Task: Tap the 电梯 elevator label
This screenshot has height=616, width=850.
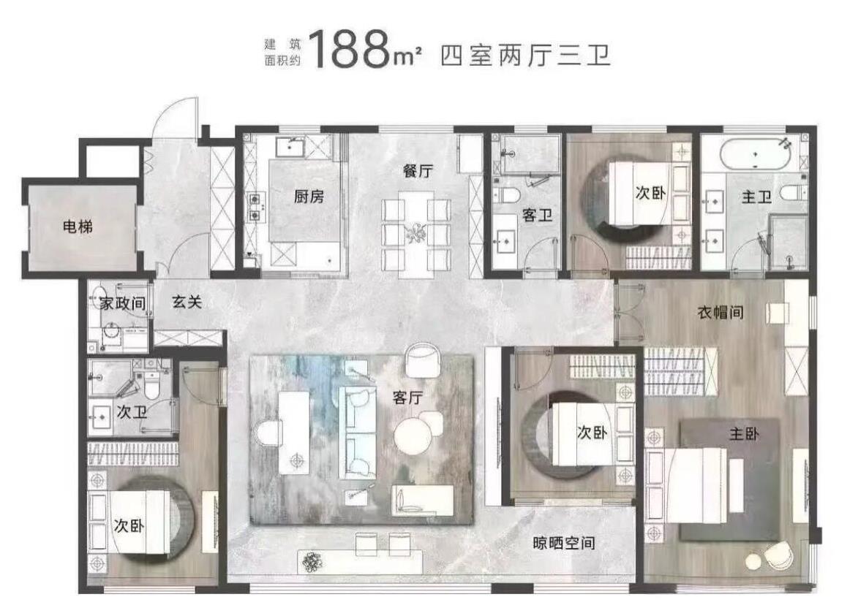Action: point(78,227)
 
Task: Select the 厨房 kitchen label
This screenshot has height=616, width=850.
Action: point(309,196)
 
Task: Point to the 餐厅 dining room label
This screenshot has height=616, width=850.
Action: point(418,170)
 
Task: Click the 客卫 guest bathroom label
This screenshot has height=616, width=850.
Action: point(537,216)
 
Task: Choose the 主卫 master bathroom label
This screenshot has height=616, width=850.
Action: point(757,197)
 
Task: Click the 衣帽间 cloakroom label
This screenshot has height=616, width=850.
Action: point(721,312)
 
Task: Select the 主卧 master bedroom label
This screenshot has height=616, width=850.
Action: point(744,433)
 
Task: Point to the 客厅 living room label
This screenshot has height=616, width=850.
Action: point(407,398)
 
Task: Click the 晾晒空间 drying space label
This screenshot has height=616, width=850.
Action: point(564,542)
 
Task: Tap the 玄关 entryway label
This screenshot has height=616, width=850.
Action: point(187,302)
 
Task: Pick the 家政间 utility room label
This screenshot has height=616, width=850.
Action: point(123,303)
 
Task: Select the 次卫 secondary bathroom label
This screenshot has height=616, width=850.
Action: point(132,412)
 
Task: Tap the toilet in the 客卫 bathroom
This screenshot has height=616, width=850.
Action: point(509,194)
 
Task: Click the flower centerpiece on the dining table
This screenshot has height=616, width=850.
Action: point(416,233)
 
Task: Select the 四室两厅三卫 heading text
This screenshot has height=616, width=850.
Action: point(526,56)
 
